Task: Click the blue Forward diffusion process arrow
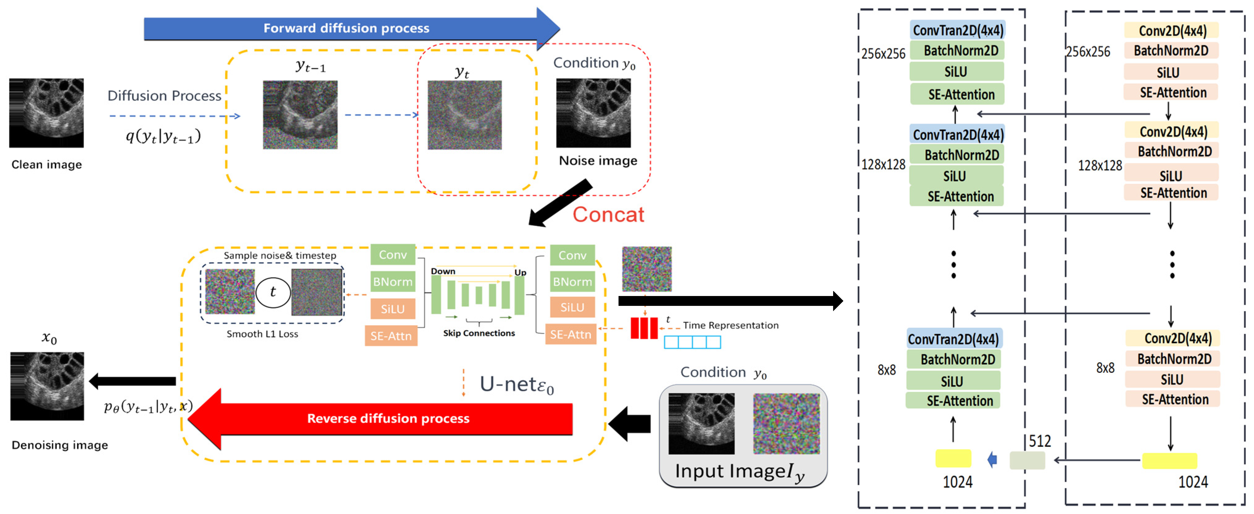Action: click(x=346, y=28)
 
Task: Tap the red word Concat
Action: click(x=608, y=215)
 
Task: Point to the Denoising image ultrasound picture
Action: click(x=47, y=386)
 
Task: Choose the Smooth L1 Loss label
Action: click(x=262, y=334)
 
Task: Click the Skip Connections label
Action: click(x=479, y=333)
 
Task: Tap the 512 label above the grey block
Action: click(x=1040, y=441)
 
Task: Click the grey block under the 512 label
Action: click(x=1027, y=460)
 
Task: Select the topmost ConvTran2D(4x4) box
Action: click(x=958, y=30)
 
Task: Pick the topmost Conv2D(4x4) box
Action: click(x=1172, y=31)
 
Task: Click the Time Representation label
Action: click(x=730, y=325)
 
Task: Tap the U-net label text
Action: click(x=516, y=384)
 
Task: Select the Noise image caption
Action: click(x=598, y=161)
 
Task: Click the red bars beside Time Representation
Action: click(x=643, y=327)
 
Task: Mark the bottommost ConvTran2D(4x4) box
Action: click(x=953, y=339)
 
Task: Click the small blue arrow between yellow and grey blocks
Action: click(x=992, y=459)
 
